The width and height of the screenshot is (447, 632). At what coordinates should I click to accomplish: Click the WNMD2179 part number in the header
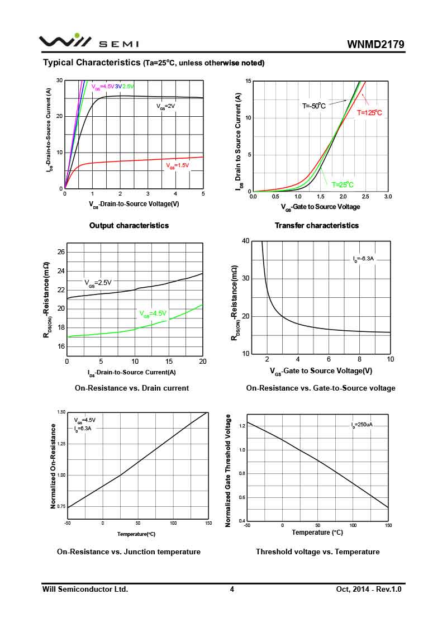[375, 44]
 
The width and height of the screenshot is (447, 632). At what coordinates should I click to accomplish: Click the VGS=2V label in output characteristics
[165, 106]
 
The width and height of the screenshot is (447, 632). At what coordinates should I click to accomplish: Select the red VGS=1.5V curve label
[177, 165]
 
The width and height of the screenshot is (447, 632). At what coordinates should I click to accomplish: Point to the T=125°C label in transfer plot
[369, 113]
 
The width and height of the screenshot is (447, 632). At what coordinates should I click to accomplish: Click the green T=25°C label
[343, 185]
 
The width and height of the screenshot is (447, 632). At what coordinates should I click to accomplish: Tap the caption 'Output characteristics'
[129, 226]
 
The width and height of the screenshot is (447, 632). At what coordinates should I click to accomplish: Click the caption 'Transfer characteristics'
[316, 226]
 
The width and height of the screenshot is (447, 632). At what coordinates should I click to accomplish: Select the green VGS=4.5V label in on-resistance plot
[153, 313]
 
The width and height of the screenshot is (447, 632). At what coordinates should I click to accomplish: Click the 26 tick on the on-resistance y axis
[61, 253]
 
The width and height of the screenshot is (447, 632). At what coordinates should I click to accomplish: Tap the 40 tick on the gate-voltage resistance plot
[245, 241]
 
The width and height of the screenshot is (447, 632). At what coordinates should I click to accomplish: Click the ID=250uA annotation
[362, 425]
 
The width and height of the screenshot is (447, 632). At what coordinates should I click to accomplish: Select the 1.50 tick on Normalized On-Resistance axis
[61, 412]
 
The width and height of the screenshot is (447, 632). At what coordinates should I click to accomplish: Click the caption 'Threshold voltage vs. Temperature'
[317, 552]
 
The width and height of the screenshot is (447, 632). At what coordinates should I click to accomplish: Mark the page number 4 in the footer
[231, 590]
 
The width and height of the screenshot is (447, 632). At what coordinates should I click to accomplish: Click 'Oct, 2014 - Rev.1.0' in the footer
[369, 590]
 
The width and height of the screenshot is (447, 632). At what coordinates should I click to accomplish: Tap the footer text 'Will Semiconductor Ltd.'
[85, 590]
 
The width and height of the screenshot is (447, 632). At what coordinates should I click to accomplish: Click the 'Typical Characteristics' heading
[91, 62]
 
